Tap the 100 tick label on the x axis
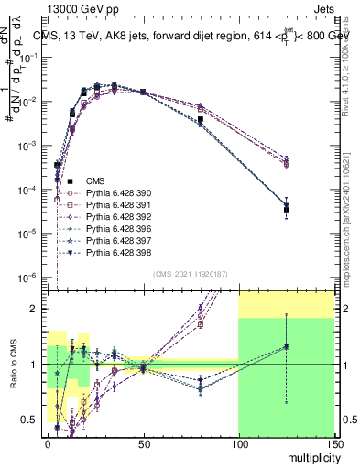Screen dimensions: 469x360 click(x=238, y=444)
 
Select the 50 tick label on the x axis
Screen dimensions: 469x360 click(x=143, y=444)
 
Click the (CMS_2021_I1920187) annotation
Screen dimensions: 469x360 click(x=189, y=274)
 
